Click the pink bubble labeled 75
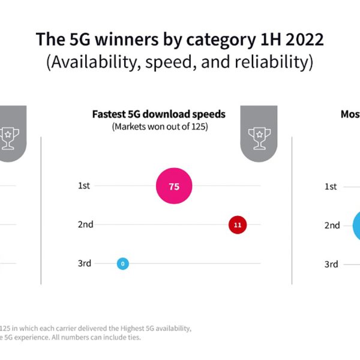tap(174, 186)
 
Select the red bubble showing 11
tap(237, 226)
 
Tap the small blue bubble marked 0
tap(122, 263)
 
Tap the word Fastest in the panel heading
tap(108, 114)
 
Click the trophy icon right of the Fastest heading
tap(259, 134)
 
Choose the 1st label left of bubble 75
tap(84, 186)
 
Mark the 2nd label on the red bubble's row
tap(85, 224)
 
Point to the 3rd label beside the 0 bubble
tap(85, 263)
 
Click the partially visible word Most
tap(350, 114)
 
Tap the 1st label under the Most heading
tap(331, 187)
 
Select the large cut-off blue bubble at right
tap(355, 226)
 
